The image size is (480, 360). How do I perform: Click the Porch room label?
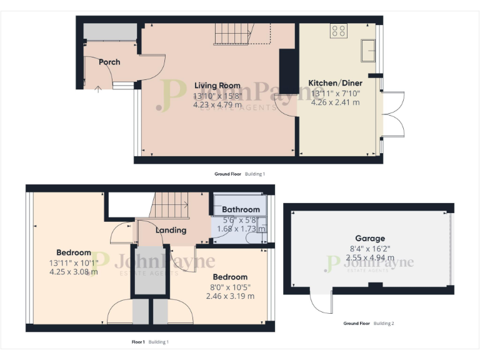pos(109,62)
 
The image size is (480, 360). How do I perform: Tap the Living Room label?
pos(217,86)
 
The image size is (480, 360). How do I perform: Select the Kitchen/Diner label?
pos(334,83)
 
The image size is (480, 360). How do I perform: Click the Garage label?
pos(370,238)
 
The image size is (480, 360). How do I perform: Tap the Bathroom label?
pos(241,209)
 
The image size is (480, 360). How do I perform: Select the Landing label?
pos(171,230)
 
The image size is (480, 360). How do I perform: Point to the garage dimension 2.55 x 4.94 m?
pos(370,257)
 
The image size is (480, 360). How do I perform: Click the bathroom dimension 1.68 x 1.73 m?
pos(241,229)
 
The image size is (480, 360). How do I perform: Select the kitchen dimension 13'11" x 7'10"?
pos(336,94)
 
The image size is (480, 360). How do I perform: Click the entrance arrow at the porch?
pos(97,89)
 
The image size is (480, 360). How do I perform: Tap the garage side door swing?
pos(322,304)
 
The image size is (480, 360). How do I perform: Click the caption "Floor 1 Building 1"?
pos(150,342)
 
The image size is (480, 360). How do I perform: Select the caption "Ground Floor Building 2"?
pos(369,324)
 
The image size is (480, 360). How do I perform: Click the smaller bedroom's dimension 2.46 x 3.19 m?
pos(230,296)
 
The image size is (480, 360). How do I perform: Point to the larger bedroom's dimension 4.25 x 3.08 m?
pos(74,272)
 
